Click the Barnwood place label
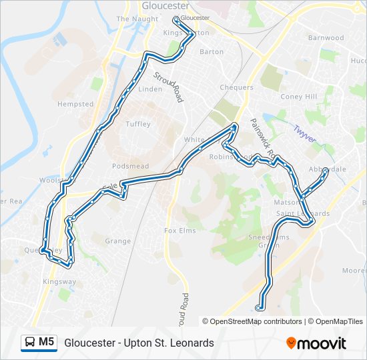point(326,38)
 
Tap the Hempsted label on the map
point(75,105)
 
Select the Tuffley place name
point(138,124)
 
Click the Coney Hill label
point(298,97)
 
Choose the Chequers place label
point(236,87)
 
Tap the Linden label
point(150,89)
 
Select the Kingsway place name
point(59,282)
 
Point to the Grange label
point(118,241)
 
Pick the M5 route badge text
point(46,342)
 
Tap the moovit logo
point(316,343)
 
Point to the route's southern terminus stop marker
point(260,308)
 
